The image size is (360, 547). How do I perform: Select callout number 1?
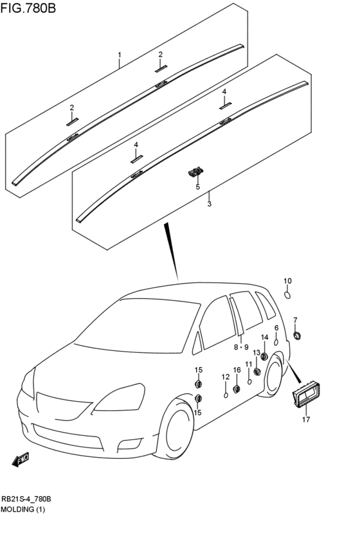pos(120,55)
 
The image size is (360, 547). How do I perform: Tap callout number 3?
pos(210,204)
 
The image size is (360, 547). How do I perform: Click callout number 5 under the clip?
pos(198,187)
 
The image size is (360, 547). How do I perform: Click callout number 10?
pos(287,281)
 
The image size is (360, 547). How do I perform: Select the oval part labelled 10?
pos(287,295)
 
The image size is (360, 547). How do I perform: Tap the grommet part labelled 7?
pos(297,336)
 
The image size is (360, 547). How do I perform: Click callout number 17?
pos(306,419)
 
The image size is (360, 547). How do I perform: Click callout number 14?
pos(265,337)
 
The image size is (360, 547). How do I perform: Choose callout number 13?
pos(256,353)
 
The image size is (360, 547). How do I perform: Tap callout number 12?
pos(226,377)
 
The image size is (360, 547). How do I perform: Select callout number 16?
pos(237,370)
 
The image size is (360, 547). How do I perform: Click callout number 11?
pos(248,364)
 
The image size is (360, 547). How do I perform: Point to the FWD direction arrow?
pos(20,459)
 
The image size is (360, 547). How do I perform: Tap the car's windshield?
pos(138,325)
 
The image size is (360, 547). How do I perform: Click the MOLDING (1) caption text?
pos(22,509)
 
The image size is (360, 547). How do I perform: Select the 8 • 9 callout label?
pos(241,347)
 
